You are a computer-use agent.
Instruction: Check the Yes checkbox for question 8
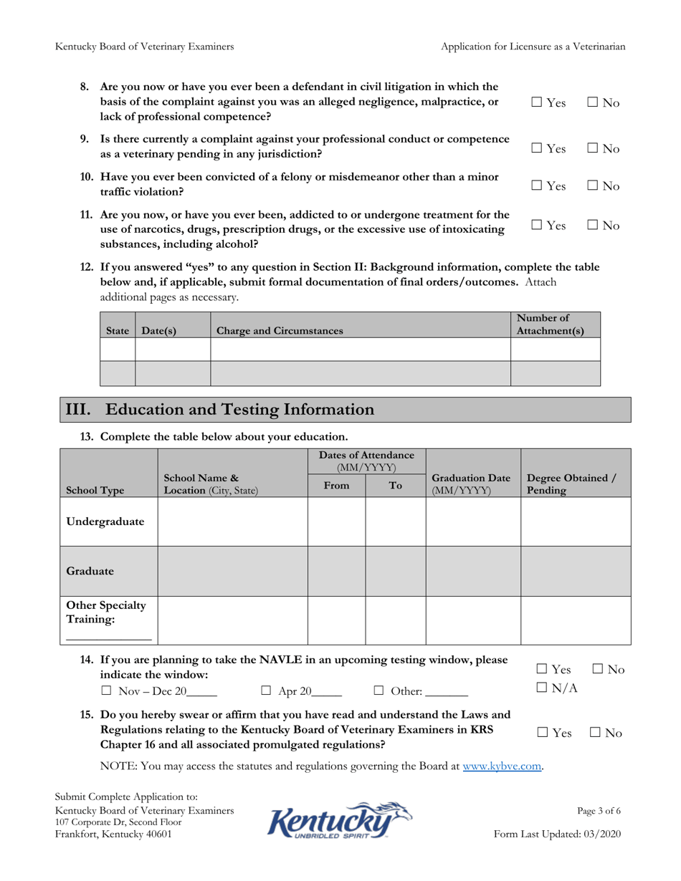[x=537, y=104]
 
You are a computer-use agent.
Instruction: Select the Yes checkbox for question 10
[x=537, y=186]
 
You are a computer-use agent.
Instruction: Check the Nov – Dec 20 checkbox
[x=106, y=692]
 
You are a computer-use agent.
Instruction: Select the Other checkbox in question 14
[x=378, y=692]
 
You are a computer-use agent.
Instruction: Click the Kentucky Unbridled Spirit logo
[x=340, y=821]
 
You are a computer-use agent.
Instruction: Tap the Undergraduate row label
[x=105, y=521]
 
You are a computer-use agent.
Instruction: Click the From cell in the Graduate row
[x=336, y=571]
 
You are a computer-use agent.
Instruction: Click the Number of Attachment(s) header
[x=550, y=324]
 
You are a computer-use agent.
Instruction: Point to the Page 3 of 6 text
[x=599, y=812]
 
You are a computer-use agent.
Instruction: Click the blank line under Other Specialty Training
[x=108, y=637]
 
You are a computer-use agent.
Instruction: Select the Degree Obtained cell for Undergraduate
[x=575, y=521]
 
